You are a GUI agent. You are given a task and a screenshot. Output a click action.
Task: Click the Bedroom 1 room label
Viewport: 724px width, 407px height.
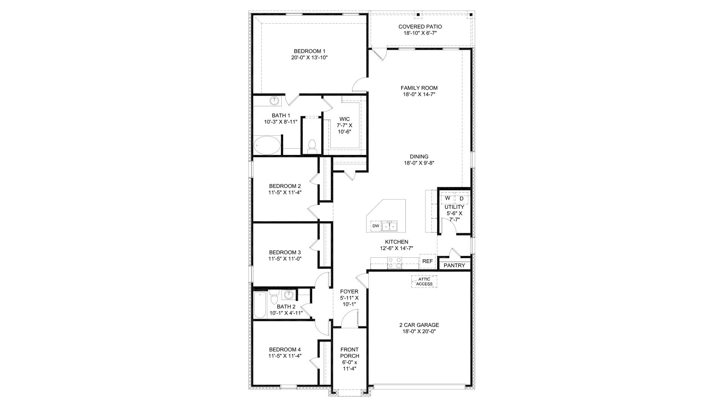(x=309, y=51)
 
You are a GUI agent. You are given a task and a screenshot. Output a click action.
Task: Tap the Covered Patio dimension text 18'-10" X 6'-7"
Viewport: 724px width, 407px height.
(x=420, y=33)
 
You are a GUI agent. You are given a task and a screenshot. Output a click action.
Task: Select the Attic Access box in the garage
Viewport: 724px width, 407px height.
(x=424, y=282)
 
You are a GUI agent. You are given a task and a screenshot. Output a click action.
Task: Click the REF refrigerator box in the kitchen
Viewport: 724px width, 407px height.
(x=427, y=261)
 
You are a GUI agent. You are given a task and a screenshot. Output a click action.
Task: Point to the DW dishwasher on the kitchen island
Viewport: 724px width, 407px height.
(x=376, y=226)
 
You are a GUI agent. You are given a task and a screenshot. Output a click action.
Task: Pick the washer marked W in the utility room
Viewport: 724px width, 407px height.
(x=448, y=198)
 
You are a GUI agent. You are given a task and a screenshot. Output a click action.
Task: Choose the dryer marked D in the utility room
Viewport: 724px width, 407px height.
(x=462, y=198)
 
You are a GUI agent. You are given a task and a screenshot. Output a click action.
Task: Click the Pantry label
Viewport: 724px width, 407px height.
(x=454, y=265)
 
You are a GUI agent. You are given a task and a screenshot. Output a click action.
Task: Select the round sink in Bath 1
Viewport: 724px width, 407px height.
(x=275, y=101)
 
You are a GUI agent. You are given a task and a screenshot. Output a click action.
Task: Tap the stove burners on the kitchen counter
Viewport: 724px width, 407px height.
(x=395, y=262)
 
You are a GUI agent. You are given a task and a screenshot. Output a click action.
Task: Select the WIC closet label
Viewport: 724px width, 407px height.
(x=344, y=119)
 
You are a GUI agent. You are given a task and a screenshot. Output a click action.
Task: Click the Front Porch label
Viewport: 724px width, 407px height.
(x=350, y=353)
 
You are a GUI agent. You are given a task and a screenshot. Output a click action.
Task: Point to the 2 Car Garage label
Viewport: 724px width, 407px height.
(x=419, y=325)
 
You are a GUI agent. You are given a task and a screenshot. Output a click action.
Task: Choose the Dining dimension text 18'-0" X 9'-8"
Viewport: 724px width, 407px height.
(x=419, y=163)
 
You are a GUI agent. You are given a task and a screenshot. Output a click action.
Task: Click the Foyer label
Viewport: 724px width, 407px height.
(x=349, y=291)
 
